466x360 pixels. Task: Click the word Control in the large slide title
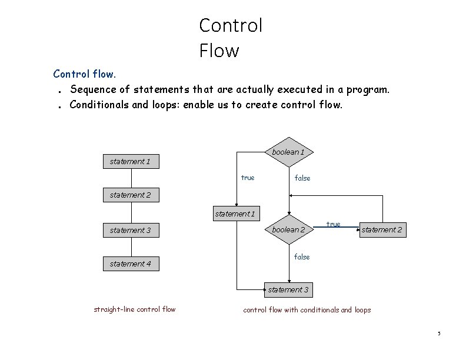pos(231,25)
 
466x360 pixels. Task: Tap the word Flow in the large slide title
pos(219,51)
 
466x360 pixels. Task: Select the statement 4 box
pos(130,264)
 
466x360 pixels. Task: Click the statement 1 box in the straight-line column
pos(130,161)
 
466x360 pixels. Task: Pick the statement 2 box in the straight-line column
pos(130,195)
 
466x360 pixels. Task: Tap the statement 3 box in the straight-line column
pos(130,231)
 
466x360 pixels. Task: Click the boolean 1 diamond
pos(288,152)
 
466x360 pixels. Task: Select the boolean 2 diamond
pos(288,230)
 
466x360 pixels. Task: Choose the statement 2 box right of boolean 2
pos(381,229)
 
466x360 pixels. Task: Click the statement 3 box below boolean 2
pos(288,289)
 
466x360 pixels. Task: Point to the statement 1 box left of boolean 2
pos(235,214)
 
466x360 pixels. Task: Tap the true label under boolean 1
pos(248,178)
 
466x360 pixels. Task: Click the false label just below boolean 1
pos(302,178)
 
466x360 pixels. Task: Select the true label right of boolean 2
pos(333,224)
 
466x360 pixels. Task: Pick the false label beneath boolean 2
pos(301,256)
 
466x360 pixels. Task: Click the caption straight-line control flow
pos(134,309)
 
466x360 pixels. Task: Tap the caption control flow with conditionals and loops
pos(307,310)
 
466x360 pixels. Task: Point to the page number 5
pos(439,334)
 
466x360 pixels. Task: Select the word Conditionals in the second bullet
pos(96,105)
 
